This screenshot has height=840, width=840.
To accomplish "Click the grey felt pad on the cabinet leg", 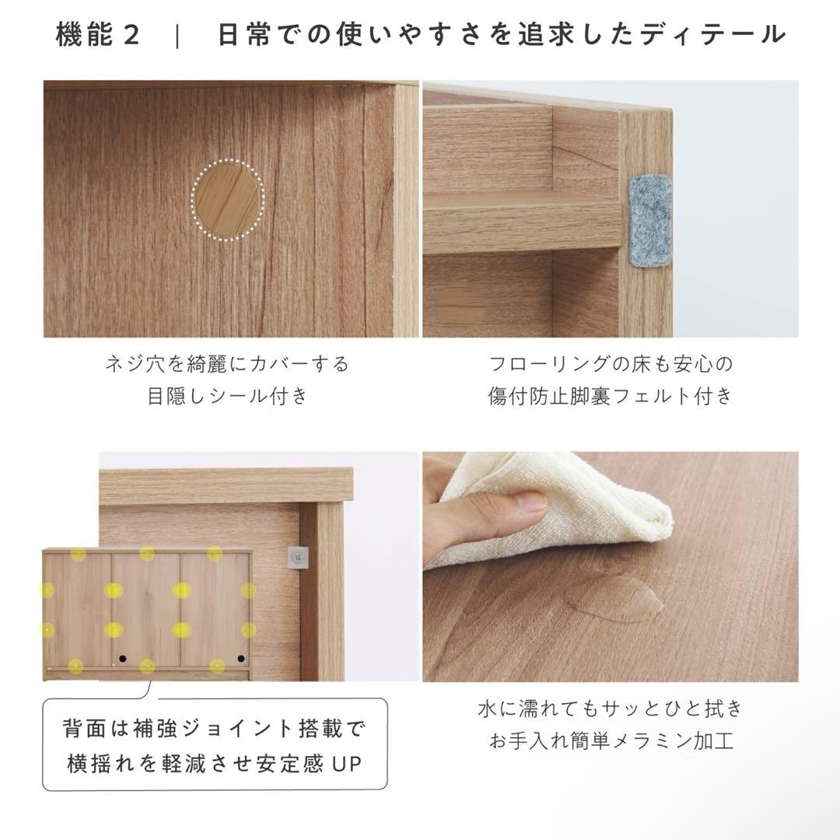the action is point(649,219).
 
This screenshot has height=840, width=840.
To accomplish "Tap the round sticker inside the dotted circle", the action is point(227,200).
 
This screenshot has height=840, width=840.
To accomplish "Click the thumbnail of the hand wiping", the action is point(611,567).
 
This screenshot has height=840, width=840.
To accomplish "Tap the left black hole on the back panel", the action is point(123,659).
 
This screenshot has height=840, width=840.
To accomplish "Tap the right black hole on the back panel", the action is point(241,659).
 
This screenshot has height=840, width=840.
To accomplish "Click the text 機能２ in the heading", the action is point(98,35).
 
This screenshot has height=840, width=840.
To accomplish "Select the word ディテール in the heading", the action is point(712,35).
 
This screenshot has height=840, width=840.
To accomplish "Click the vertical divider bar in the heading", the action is point(178,36).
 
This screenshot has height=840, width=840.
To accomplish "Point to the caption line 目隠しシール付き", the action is point(227,396).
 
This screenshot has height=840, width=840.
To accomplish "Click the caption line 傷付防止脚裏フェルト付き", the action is point(611,396).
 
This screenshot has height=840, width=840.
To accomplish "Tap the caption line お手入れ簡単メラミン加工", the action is point(611,741).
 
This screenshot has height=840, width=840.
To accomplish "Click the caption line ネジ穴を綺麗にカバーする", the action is point(227,364).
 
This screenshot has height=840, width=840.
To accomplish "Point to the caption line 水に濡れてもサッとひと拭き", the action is point(611,709).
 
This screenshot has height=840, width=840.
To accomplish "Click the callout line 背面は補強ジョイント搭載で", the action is point(214,729).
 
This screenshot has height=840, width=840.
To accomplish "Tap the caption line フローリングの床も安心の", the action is point(611,364).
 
